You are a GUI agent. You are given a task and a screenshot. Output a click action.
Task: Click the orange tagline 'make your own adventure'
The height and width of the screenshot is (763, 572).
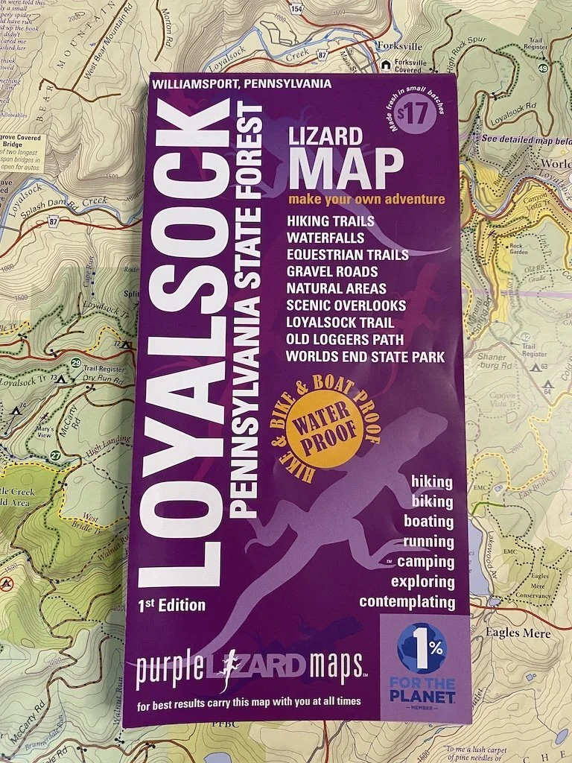366,200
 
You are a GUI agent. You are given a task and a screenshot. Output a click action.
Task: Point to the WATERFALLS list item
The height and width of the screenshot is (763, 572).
325,238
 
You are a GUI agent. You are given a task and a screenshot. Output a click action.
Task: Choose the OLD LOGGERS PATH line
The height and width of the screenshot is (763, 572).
345,340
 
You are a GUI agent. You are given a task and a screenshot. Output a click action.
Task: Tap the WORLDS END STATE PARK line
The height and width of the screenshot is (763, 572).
365,357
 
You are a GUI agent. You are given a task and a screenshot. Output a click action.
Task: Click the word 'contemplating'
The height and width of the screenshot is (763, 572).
407,601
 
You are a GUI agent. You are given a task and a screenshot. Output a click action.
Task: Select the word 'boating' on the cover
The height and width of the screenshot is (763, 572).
428,521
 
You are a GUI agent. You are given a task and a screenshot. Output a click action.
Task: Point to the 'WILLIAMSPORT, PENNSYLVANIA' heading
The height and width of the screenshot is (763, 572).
241,84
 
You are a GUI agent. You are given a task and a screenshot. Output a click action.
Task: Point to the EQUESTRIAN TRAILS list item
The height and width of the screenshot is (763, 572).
347,255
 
